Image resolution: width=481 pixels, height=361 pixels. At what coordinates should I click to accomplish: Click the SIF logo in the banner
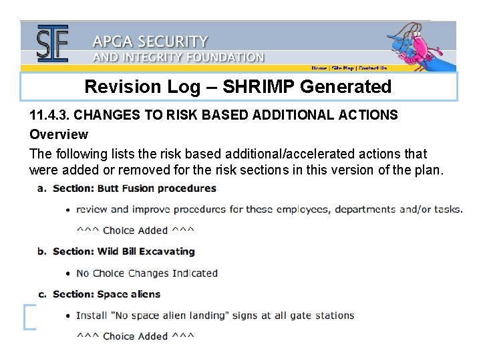[52, 43]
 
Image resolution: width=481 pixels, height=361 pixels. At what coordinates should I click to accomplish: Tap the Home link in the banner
[319, 68]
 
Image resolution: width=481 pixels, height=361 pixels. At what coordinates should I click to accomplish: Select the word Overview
[59, 134]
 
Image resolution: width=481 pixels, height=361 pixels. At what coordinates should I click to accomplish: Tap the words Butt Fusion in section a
[126, 189]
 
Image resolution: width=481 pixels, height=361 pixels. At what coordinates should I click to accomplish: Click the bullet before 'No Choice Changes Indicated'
[69, 273]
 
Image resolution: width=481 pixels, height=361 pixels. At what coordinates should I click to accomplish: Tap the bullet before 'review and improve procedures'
[69, 210]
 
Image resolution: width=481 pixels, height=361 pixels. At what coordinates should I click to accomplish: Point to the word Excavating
[171, 252]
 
